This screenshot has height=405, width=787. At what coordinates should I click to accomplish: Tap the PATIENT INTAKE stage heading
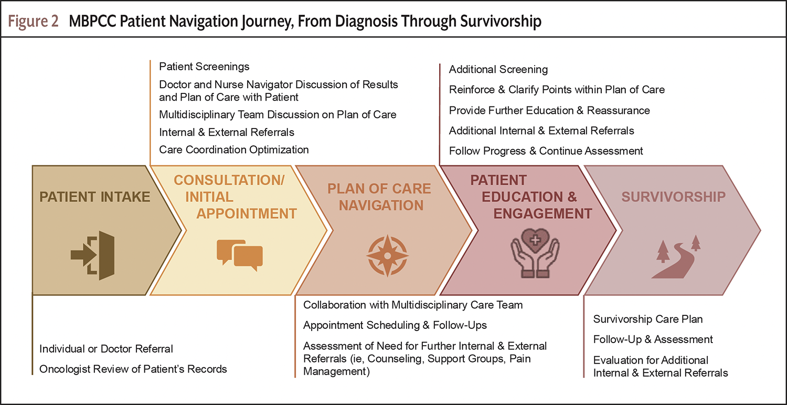pos(95,197)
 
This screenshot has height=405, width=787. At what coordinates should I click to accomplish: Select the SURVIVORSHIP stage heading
pos(674,197)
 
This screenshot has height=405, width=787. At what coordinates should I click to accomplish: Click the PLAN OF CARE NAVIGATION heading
pos(380,197)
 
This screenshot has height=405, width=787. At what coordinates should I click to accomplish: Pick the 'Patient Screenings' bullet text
pos(204,67)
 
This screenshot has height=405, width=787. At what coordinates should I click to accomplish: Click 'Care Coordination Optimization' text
pos(234,150)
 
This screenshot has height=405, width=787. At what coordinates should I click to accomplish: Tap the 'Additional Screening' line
pos(498,69)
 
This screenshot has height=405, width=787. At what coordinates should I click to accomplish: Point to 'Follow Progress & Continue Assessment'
pos(546,151)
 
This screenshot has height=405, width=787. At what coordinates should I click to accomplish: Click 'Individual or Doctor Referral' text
pos(107,349)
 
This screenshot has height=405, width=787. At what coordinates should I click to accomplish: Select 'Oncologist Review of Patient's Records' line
pos(133,369)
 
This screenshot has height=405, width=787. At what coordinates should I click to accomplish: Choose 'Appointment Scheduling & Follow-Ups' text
pos(395,325)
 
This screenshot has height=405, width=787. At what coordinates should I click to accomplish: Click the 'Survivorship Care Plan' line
pos(648,319)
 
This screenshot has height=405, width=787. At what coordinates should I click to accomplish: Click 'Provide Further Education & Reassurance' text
pos(549,110)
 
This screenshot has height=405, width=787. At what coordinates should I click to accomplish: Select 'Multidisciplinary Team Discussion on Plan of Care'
pos(278,114)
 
